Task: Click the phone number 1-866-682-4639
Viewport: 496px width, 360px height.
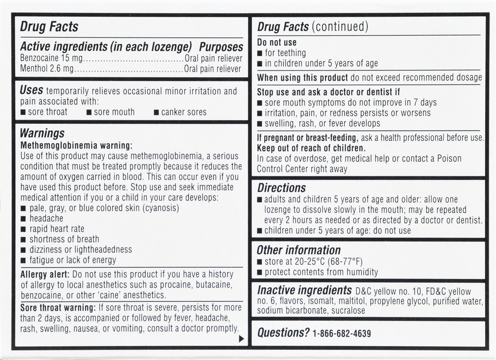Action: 342,334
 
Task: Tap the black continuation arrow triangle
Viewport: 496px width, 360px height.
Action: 242,339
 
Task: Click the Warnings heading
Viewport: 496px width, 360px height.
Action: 42,133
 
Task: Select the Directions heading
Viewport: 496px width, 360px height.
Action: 281,188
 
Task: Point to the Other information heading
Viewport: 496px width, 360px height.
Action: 299,250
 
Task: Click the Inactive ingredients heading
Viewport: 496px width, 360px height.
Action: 305,290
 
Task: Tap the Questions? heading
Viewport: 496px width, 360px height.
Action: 283,333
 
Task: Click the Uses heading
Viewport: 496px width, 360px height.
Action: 31,90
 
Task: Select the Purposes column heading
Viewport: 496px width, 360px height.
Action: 221,47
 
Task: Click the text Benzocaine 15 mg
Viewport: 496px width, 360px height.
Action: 50,59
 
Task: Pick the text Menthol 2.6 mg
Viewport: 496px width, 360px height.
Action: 47,69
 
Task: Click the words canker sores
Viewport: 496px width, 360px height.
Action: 184,112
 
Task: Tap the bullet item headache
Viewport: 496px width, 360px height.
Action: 46,218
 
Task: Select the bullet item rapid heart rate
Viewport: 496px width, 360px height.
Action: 57,229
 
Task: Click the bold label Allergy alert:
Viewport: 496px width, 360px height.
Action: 45,274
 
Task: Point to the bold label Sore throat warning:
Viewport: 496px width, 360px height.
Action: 58,307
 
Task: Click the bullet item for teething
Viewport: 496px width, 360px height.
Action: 285,53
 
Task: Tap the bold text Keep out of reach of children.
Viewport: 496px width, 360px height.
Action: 311,148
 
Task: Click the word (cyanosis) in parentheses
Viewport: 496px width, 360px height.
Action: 161,208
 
